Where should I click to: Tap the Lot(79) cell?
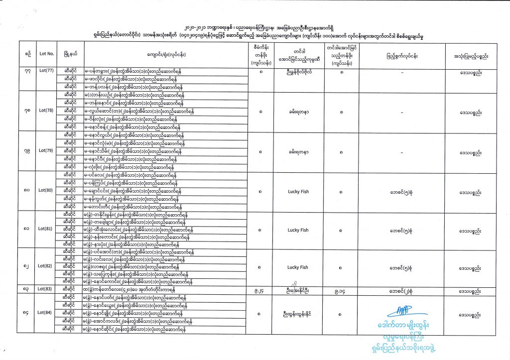(x=46, y=151)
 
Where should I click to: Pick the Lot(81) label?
(x=46, y=230)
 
